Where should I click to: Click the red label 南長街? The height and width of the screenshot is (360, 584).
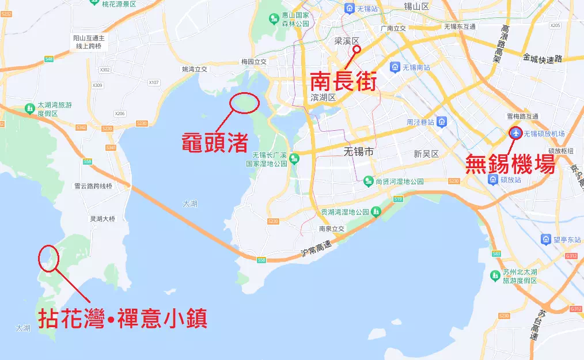pyautogui.click(x=343, y=81)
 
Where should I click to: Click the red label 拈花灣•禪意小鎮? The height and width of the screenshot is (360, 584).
pyautogui.click(x=122, y=319)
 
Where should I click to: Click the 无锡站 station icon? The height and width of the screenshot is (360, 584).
pyautogui.click(x=349, y=8)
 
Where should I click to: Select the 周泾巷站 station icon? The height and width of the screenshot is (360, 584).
pyautogui.click(x=442, y=122)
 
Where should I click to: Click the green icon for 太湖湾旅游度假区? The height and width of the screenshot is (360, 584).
pyautogui.click(x=29, y=108)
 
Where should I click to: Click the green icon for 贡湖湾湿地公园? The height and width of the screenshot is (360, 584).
pyautogui.click(x=376, y=212)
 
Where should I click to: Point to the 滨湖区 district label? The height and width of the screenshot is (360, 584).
pyautogui.click(x=323, y=97)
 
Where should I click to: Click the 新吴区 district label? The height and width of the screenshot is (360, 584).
pyautogui.click(x=426, y=154)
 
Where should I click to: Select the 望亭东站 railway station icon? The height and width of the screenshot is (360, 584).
pyautogui.click(x=545, y=239)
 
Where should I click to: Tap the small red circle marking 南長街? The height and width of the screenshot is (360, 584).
pyautogui.click(x=357, y=50)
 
